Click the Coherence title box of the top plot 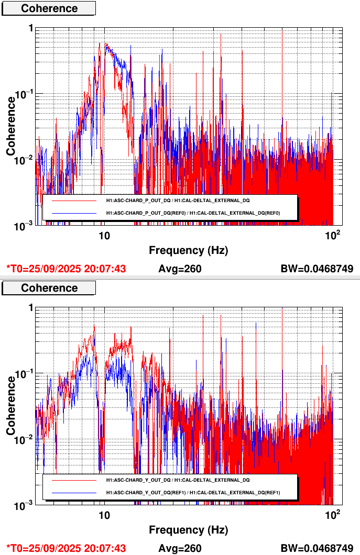pyautogui.click(x=49, y=8)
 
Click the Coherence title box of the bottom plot pyautogui.click(x=49, y=288)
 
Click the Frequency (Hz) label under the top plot pyautogui.click(x=189, y=250)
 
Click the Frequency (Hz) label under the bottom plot pyautogui.click(x=189, y=530)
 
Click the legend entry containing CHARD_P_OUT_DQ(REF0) pyautogui.click(x=193, y=213)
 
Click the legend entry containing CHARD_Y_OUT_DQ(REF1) pyautogui.click(x=193, y=493)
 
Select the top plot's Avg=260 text pyautogui.click(x=180, y=269)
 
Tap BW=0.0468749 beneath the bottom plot pyautogui.click(x=317, y=548)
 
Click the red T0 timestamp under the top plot pyautogui.click(x=66, y=269)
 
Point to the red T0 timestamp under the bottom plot pyautogui.click(x=66, y=548)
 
